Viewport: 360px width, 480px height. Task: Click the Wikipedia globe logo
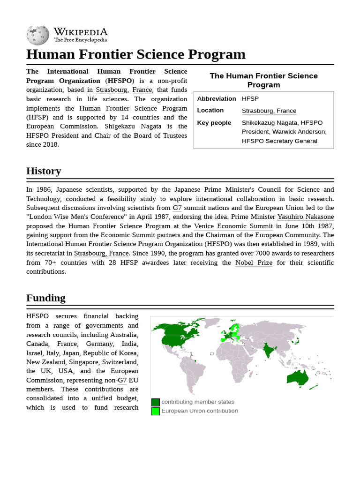point(37,35)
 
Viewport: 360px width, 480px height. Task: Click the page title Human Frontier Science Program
point(136,54)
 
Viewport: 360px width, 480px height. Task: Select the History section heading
point(44,171)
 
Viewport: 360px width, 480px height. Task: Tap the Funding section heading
point(46,298)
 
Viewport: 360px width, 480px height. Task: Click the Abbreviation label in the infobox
point(217,99)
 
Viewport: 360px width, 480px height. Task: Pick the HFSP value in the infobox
point(250,99)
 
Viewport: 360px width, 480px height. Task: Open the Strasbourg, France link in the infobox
point(269,111)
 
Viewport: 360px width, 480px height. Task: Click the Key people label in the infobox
point(214,123)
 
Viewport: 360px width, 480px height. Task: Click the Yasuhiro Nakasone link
point(306,217)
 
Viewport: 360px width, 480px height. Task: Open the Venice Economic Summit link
point(233,226)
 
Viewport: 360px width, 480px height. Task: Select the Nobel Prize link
point(254,262)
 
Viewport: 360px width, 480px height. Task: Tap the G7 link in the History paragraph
point(177,208)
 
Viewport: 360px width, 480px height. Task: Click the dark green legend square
point(156,402)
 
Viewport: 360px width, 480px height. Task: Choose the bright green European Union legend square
point(156,411)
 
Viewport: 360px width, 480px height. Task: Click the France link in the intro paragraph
point(142,90)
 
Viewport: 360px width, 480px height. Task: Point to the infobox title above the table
point(263,80)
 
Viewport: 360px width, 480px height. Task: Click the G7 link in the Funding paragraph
point(122,381)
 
